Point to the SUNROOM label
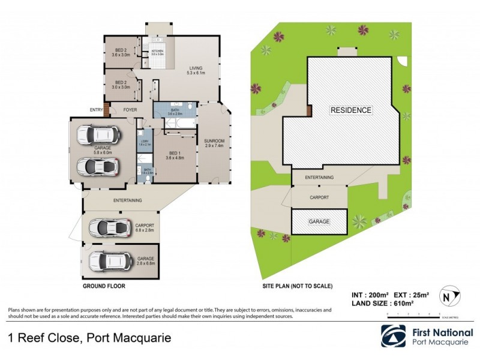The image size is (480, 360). point(214,142)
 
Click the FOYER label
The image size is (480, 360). point(130,110)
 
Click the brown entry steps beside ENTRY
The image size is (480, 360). point(107,110)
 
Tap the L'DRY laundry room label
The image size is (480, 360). point(144,143)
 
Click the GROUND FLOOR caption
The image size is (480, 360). point(104,286)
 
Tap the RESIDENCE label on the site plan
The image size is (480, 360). point(351,110)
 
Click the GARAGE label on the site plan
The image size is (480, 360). point(319,221)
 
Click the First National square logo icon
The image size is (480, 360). point(393,336)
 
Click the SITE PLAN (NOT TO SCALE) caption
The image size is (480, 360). point(297,286)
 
